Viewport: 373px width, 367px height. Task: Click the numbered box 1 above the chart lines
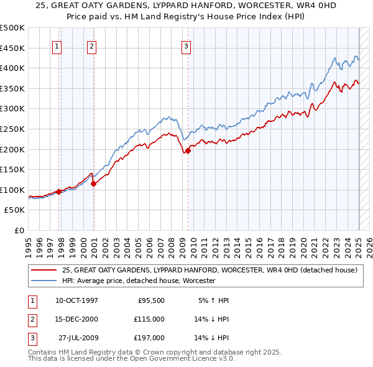tap(57, 45)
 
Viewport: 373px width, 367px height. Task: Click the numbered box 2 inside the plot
tap(91, 45)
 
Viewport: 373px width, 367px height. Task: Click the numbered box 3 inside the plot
tap(186, 45)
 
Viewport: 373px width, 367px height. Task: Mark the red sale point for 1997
tap(59, 192)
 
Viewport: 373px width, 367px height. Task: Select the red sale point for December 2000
tap(94, 183)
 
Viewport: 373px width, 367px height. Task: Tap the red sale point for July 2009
tap(188, 150)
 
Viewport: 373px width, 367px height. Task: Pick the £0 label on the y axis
tap(19, 230)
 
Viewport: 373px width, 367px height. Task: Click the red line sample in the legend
tap(44, 271)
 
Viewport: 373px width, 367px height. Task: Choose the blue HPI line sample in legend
tap(44, 281)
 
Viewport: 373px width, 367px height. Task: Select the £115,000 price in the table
tap(149, 319)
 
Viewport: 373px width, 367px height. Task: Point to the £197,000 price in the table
tap(149, 338)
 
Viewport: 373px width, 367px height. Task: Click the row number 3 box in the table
tap(30, 338)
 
